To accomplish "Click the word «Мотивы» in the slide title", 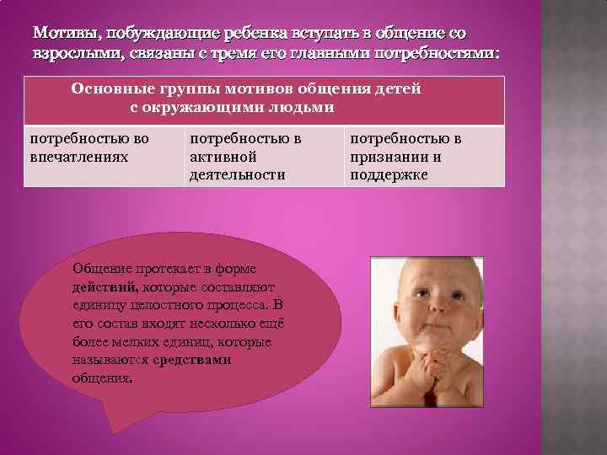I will pos(62,34).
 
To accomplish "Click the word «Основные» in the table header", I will pos(111,88).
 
